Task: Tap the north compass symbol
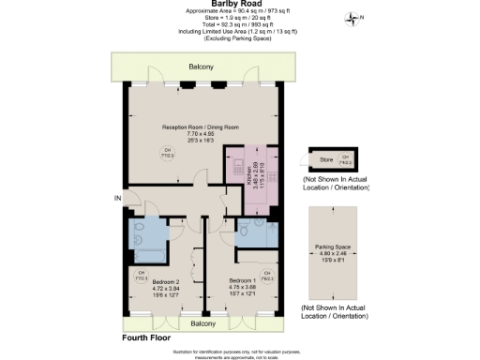[x=352, y=18]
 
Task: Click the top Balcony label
[x=201, y=67]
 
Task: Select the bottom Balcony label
[x=202, y=322]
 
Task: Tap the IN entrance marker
[x=117, y=198]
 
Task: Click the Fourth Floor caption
[x=148, y=336]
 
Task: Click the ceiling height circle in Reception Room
[x=169, y=154]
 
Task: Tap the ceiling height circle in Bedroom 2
[x=142, y=277]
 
